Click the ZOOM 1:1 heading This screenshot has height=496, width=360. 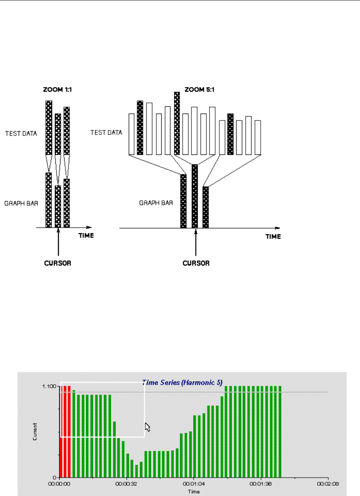[x=57, y=89]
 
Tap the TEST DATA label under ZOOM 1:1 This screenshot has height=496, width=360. [x=21, y=133]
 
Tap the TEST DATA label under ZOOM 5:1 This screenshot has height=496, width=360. [x=106, y=132]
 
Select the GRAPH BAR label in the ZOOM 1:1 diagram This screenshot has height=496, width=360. [x=21, y=203]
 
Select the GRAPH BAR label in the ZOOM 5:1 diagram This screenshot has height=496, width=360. [x=156, y=203]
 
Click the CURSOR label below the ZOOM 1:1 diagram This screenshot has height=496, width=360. [x=58, y=263]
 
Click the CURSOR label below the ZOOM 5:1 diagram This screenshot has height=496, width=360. [x=196, y=263]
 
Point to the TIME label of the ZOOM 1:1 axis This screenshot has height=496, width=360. [x=86, y=236]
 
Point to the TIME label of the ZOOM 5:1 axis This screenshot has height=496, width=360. [x=273, y=237]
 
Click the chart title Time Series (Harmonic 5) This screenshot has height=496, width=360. [x=182, y=382]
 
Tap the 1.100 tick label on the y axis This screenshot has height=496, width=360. [x=50, y=386]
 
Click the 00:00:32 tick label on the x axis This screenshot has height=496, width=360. [x=126, y=484]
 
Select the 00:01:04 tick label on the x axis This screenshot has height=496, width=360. [x=194, y=484]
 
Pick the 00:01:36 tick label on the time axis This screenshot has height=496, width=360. [x=261, y=484]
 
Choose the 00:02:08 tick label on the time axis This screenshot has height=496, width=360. [x=328, y=484]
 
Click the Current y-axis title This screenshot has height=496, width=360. [x=35, y=431]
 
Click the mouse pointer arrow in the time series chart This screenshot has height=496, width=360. [x=148, y=427]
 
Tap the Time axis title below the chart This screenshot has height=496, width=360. [x=194, y=491]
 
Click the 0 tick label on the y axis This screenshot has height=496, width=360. [x=55, y=478]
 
